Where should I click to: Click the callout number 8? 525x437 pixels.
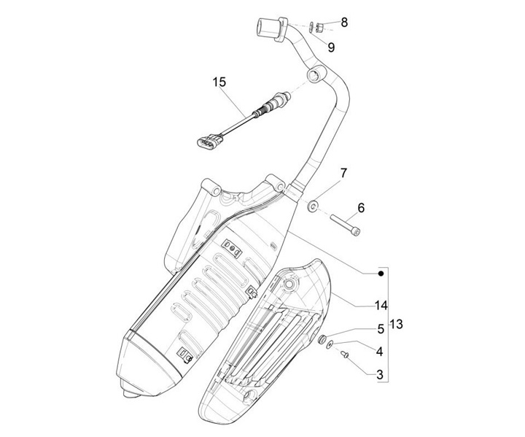tap(344, 22)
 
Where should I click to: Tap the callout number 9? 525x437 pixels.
tap(330, 47)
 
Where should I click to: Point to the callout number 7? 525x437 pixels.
tap(343, 173)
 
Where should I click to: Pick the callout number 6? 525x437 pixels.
tap(361, 208)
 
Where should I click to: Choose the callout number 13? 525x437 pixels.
tap(396, 323)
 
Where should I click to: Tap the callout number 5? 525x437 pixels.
tap(380, 329)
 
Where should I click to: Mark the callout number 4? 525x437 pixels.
tap(380, 352)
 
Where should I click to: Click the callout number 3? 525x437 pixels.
tap(380, 374)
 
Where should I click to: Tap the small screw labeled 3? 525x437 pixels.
tap(345, 356)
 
